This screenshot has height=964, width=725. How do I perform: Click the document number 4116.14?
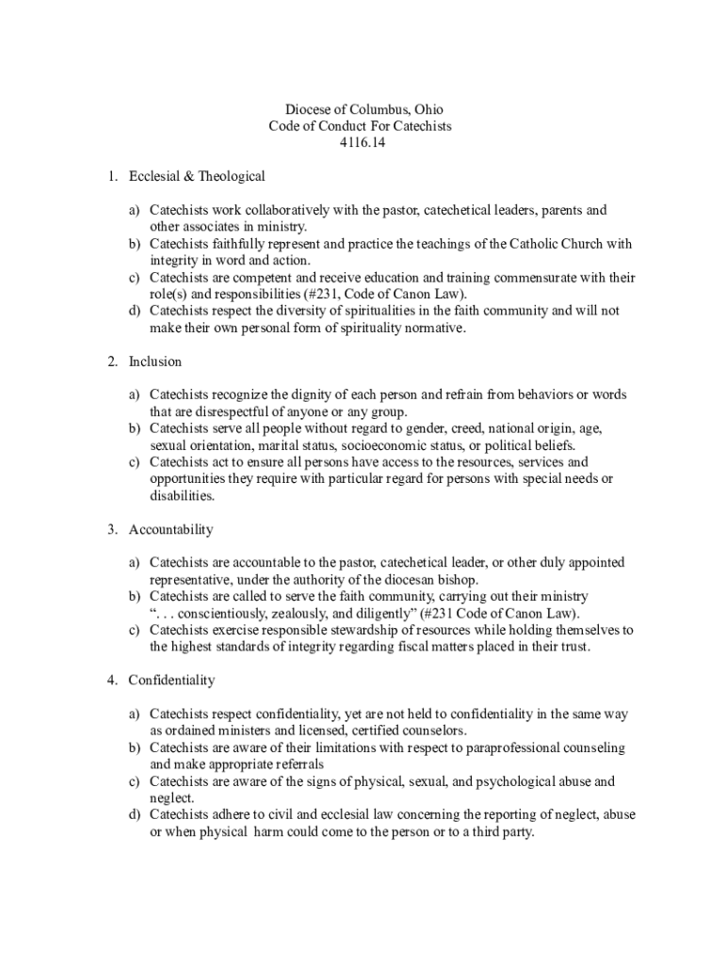coord(362,143)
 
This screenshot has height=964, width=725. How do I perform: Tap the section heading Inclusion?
coord(155,361)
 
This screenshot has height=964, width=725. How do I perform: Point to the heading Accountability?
coord(171,529)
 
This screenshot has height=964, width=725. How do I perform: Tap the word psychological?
coord(497,781)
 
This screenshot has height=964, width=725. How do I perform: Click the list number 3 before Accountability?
coord(111,529)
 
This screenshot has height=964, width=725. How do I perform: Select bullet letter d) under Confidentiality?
coord(136,815)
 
